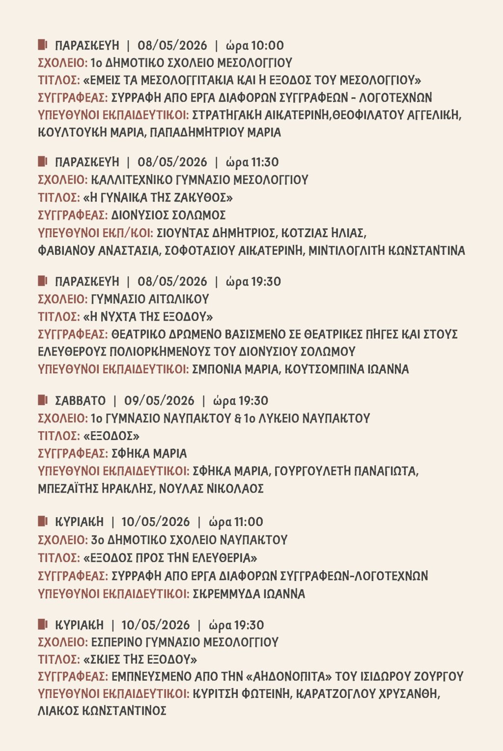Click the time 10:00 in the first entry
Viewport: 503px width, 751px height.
point(267,46)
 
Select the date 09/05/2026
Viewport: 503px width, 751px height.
point(159,401)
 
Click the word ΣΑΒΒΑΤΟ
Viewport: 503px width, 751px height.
point(80,401)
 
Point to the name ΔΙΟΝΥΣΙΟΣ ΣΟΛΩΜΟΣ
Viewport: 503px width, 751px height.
point(168,215)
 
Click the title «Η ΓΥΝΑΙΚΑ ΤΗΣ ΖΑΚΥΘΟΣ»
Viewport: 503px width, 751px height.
point(158,197)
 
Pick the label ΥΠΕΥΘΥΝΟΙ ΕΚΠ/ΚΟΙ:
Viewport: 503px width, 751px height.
point(95,233)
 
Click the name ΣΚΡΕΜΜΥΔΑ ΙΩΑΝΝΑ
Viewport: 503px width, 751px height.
point(249,594)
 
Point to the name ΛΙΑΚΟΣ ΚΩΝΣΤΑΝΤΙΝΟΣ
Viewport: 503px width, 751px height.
point(102,711)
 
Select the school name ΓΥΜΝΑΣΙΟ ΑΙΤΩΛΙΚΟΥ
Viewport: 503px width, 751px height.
point(150,299)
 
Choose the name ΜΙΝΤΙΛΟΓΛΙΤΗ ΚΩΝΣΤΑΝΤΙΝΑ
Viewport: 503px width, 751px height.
point(387,250)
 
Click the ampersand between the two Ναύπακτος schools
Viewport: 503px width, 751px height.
point(238,418)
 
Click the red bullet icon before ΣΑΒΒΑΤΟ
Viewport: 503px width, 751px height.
point(42,400)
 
